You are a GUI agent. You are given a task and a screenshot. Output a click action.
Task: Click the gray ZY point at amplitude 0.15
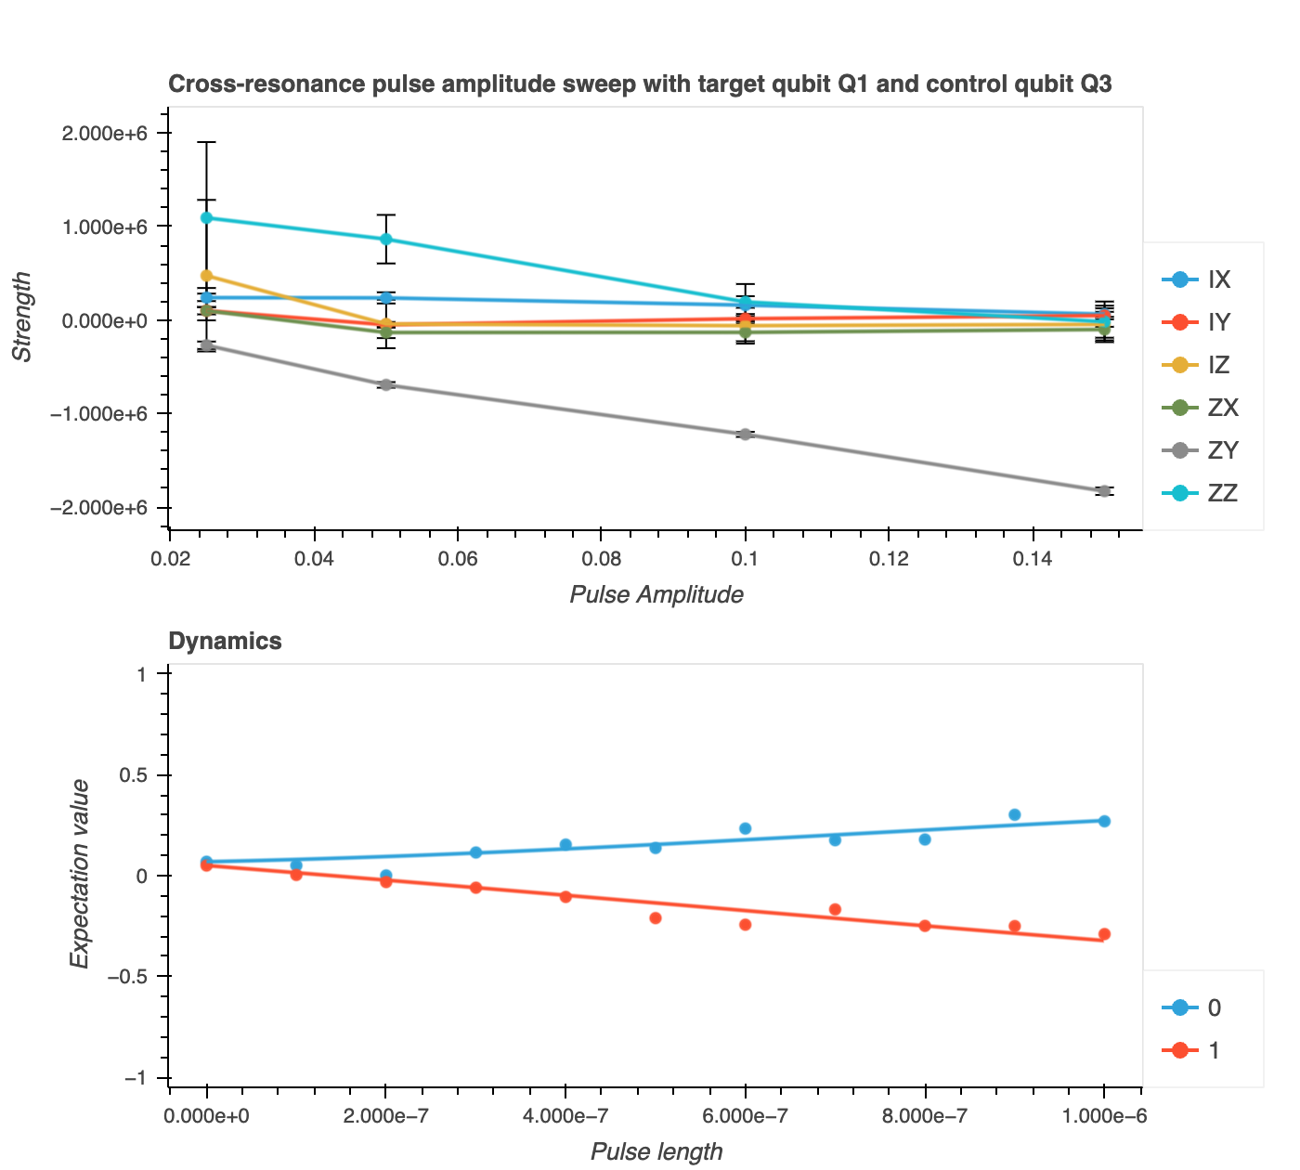(1104, 490)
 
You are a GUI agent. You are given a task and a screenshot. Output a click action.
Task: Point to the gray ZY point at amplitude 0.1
(745, 434)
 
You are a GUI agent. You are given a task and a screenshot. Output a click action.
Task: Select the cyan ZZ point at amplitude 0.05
(386, 239)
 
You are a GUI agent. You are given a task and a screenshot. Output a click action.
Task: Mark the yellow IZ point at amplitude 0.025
(206, 276)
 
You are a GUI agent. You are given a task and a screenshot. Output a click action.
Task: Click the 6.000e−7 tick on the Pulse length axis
(745, 1115)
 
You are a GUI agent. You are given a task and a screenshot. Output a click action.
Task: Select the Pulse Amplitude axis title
(656, 594)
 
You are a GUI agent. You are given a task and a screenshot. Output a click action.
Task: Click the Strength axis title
(21, 317)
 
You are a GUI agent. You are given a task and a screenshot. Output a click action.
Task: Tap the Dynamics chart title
(225, 641)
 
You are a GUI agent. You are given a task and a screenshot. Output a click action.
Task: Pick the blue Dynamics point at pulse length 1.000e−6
(1104, 821)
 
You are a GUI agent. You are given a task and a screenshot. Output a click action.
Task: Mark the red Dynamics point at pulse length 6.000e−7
(745, 924)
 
